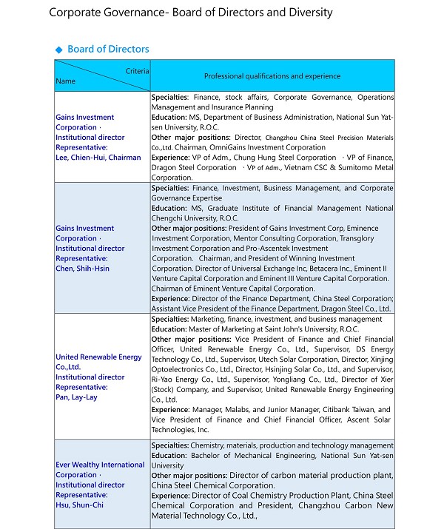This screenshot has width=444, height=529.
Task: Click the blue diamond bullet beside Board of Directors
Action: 59,50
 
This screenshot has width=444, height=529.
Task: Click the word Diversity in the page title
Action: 306,13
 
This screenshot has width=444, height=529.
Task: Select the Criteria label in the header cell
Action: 137,71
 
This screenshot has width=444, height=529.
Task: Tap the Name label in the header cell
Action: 66,81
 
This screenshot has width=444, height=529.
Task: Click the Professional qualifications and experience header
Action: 272,76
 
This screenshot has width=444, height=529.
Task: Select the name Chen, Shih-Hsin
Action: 84,269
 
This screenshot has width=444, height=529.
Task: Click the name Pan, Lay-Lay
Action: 76,397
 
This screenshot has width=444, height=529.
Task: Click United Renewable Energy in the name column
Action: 98,357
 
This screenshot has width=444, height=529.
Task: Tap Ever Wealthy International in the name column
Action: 100,465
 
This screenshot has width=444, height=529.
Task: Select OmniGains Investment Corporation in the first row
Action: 266,147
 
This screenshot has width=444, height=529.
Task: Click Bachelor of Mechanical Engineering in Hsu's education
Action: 245,456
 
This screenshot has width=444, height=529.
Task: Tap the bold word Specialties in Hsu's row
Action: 169,445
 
